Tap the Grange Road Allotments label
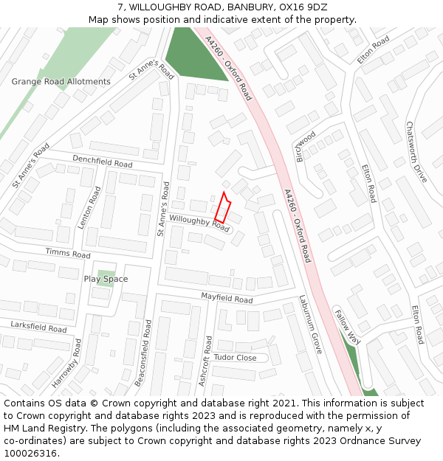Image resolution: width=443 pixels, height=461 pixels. tap(61, 82)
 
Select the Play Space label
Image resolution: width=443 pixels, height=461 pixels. tap(106, 279)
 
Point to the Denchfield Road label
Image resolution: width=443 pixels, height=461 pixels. tap(102, 160)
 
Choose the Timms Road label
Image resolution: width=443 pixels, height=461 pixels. tap(67, 254)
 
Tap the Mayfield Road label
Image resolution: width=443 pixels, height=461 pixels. tap(227, 298)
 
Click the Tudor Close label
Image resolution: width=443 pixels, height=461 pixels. tap(235, 358)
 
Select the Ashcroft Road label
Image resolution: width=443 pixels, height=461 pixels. tap(206, 361)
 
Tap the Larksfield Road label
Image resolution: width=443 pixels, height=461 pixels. tap(38, 327)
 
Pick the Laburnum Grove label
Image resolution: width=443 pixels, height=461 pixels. tap(311, 325)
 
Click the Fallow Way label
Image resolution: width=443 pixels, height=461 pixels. tap(347, 327)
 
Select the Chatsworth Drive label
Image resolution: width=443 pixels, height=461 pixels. tap(416, 152)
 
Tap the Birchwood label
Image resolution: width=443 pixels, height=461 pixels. tap(306, 147)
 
